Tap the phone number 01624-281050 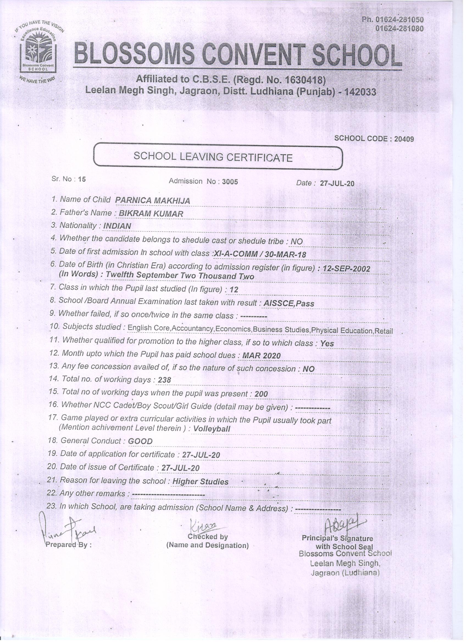coord(399,20)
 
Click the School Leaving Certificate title coord(213,157)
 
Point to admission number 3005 coord(230,182)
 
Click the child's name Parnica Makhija coord(152,201)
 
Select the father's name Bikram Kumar coord(151,214)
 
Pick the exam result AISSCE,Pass coord(289,303)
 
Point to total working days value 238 coord(164,380)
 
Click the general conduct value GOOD coord(140,441)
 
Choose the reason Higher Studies coord(200,482)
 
